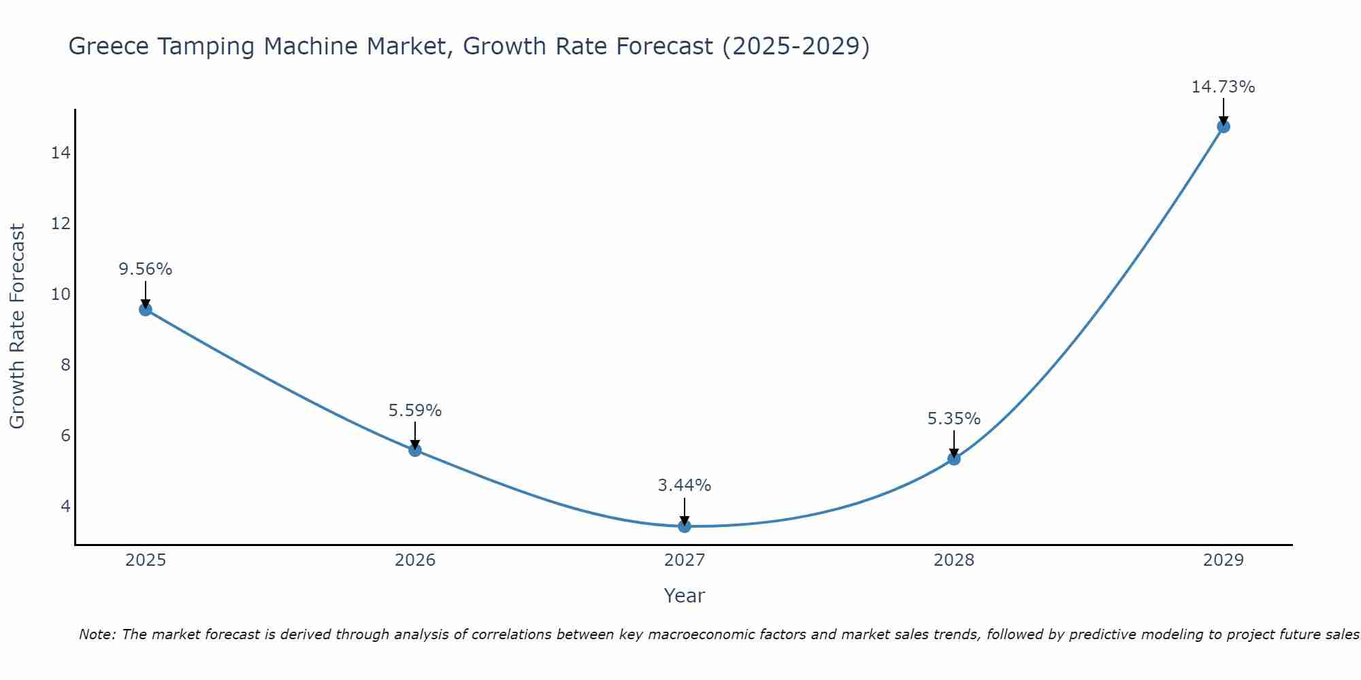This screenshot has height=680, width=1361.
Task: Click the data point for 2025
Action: (146, 309)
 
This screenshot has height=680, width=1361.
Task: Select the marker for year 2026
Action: (415, 449)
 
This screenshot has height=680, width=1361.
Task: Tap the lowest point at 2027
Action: (685, 526)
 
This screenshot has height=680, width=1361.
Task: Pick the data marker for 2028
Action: (954, 458)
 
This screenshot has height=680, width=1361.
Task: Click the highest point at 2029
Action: (1224, 126)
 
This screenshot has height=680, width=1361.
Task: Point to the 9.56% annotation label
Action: (146, 269)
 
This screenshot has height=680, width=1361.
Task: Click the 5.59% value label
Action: (415, 411)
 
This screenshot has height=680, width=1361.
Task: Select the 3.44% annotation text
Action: (685, 486)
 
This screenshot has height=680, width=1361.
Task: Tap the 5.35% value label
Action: (954, 419)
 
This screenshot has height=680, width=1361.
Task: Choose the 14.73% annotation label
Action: (1223, 87)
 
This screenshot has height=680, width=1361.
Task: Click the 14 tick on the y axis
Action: (61, 153)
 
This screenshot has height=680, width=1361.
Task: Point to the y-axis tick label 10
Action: (61, 294)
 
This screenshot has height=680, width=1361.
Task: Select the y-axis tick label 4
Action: (65, 507)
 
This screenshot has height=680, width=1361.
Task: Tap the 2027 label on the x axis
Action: (685, 560)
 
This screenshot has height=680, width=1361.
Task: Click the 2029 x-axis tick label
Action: (1223, 560)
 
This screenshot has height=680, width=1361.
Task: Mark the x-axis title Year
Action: (685, 596)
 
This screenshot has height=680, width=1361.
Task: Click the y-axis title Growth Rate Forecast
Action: (18, 326)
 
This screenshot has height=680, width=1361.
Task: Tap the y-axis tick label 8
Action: (65, 365)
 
